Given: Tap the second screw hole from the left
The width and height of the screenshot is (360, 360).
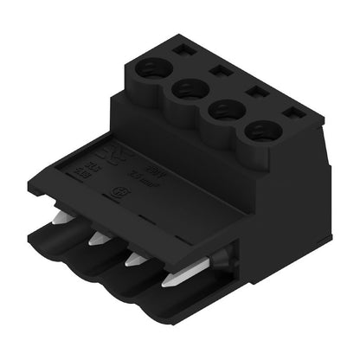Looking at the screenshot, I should pos(189,87).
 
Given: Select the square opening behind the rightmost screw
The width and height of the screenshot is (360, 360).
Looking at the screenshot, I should pos(290,112).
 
